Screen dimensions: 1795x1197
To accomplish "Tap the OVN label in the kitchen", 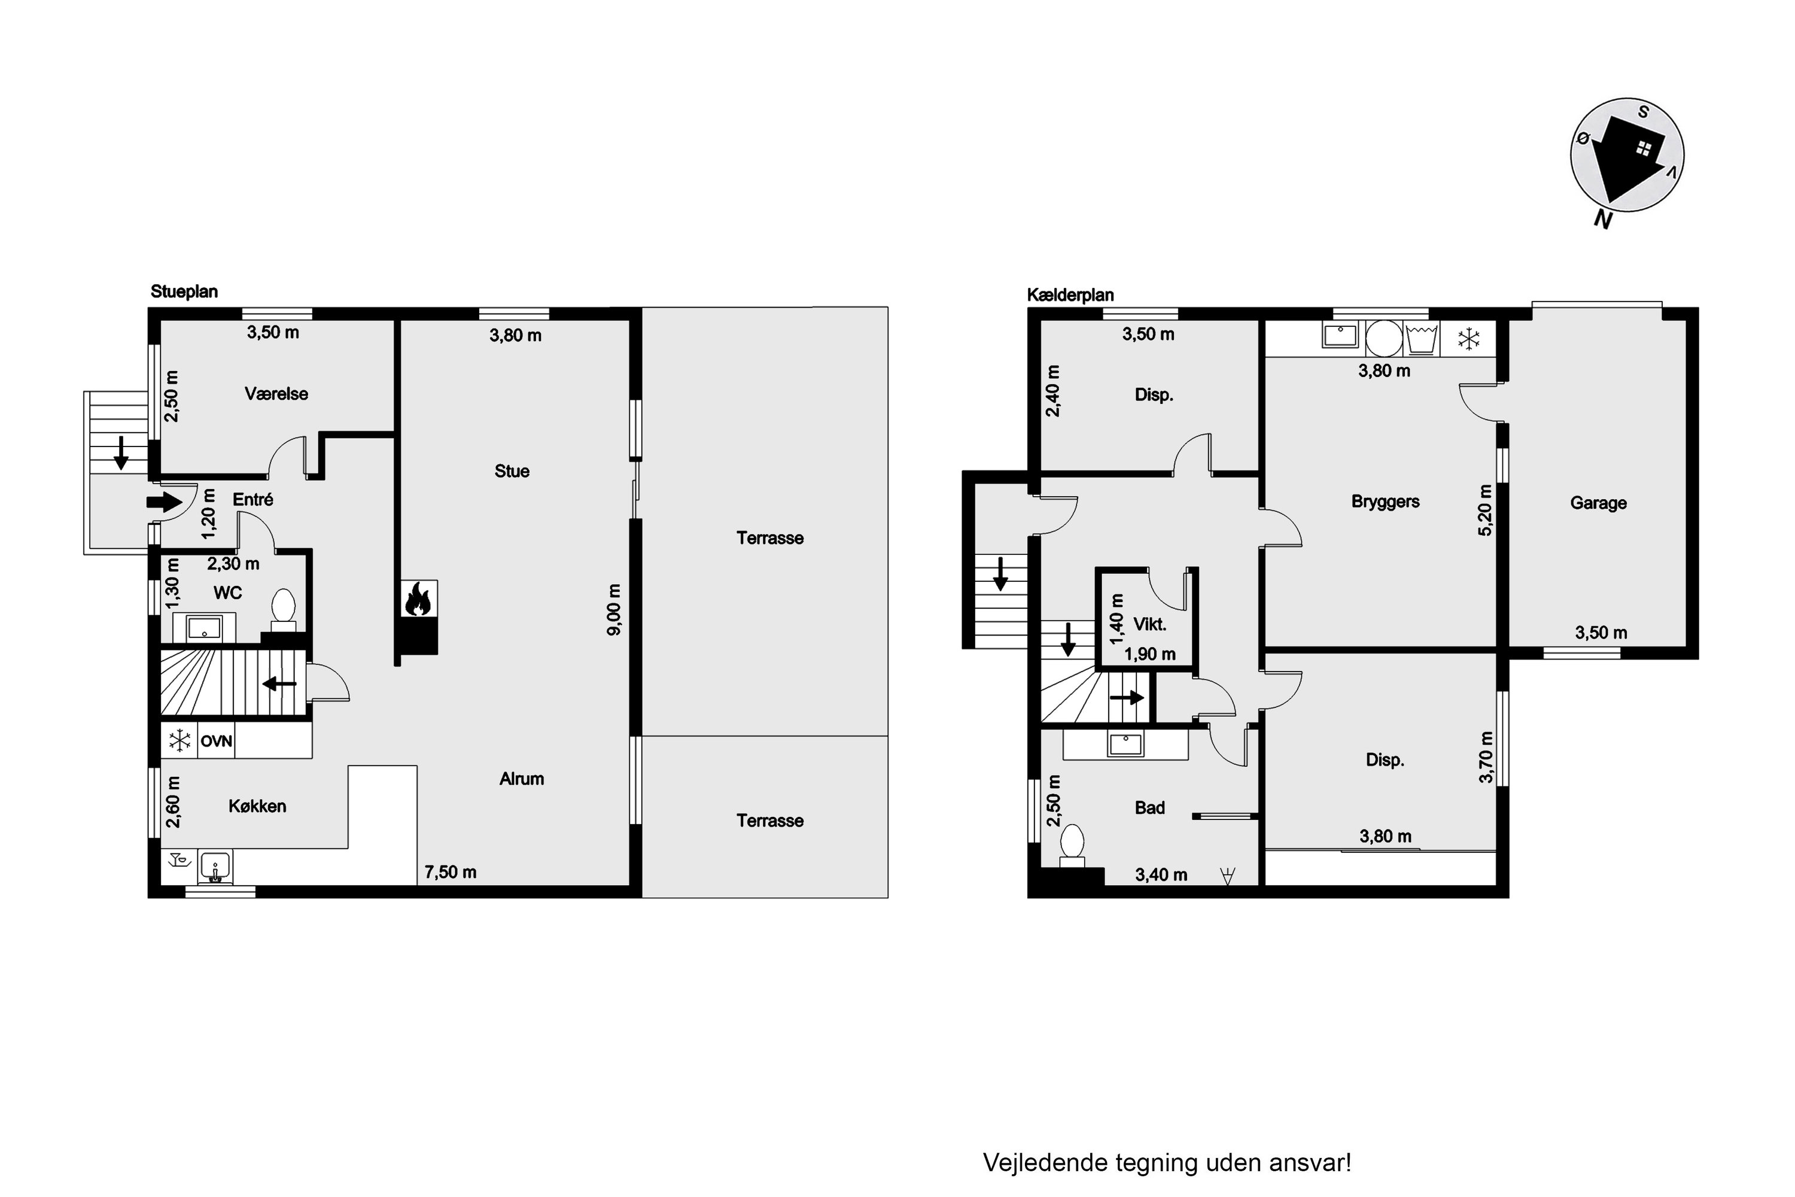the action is point(216,742).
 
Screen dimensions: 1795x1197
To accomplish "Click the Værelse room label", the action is point(276,394).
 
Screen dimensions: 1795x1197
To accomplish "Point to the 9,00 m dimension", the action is point(614,609).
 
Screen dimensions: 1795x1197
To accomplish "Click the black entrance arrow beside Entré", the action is point(164,502).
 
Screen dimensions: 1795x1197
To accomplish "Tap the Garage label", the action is point(1598,503).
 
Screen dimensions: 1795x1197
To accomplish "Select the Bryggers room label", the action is point(1385,502).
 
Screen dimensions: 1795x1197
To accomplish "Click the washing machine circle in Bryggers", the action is point(1383,338).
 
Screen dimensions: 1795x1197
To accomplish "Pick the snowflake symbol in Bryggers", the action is point(1468,339).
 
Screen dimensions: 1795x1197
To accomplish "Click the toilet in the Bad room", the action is point(1072,845).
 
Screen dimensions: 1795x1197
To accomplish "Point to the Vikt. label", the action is point(1149,624).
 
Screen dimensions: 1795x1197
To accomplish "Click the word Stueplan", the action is point(184,291).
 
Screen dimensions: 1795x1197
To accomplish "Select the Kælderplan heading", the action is point(1070,294).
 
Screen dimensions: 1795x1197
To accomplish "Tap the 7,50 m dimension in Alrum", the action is point(451,872).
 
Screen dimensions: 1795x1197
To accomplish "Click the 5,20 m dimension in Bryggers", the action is point(1484,510).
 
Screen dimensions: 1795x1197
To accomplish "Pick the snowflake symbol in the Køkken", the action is point(180,740).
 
